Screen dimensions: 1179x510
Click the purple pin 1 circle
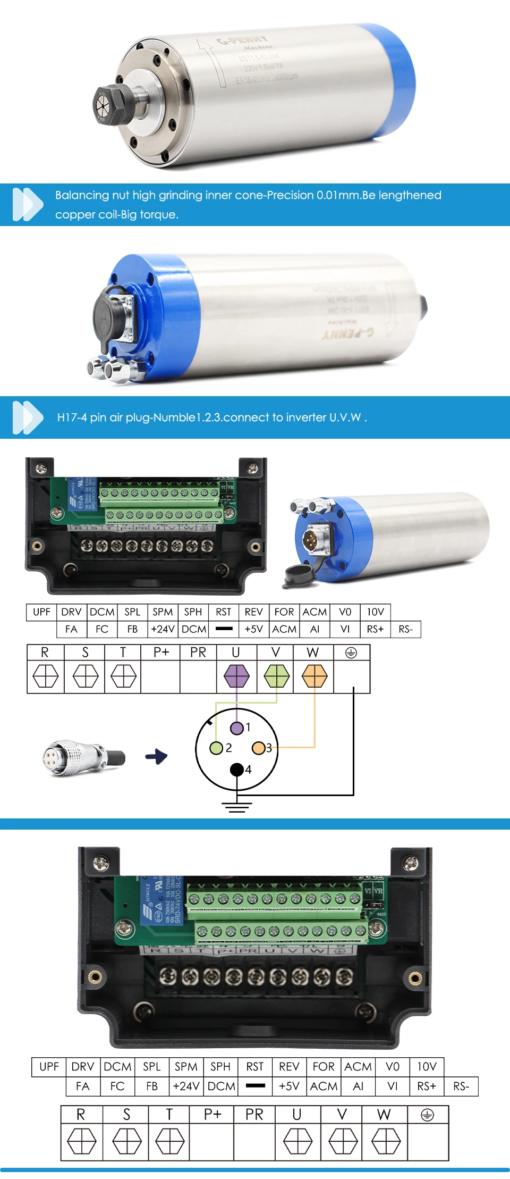tap(236, 728)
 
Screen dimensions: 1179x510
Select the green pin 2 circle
tap(216, 748)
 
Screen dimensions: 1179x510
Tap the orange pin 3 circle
tap(258, 748)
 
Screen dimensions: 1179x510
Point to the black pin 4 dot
tap(236, 770)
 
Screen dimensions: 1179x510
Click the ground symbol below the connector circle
tap(237, 807)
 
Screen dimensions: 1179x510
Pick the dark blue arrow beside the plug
tap(157, 756)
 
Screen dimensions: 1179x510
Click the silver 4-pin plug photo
tap(83, 757)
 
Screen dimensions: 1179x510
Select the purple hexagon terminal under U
tap(236, 676)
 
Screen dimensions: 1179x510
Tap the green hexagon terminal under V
tap(276, 676)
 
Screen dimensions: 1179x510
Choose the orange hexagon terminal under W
tap(314, 676)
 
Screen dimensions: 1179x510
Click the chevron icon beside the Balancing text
tap(28, 204)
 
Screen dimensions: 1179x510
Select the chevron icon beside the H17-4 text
tap(28, 417)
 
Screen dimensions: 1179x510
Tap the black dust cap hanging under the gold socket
tap(298, 574)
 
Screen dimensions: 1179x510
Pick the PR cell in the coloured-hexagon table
tap(198, 653)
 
